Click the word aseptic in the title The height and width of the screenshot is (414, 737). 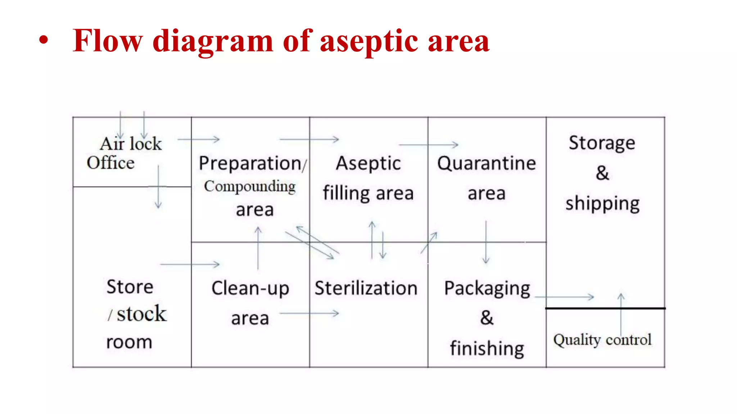(x=368, y=42)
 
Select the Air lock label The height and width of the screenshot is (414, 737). (x=131, y=144)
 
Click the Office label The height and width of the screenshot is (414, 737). (x=110, y=163)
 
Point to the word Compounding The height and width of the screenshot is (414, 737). (x=250, y=187)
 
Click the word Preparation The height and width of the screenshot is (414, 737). (x=250, y=164)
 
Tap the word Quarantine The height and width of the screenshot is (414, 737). (x=487, y=163)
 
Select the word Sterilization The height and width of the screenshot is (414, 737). (x=366, y=288)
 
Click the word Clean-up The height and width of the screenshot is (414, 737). (x=250, y=288)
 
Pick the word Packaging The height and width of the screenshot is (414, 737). (x=487, y=288)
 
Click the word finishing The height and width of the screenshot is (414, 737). (x=487, y=348)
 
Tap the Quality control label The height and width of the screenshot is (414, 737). (x=602, y=340)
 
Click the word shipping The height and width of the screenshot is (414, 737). (x=602, y=204)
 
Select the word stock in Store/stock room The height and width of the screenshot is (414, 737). (x=141, y=314)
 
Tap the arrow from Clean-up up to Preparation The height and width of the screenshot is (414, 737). (x=258, y=248)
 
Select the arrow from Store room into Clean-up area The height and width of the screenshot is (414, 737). (x=190, y=264)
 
